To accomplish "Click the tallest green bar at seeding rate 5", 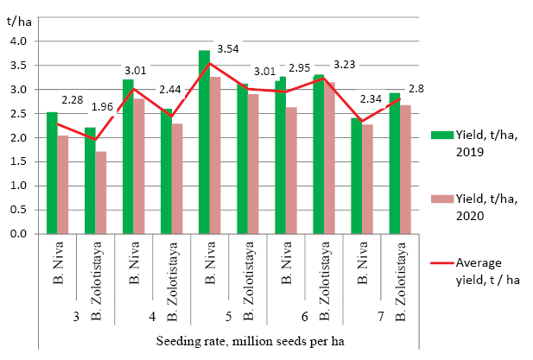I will click(x=204, y=142).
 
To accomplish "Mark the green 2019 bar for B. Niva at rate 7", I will click(x=356, y=176).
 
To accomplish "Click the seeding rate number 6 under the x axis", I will click(x=305, y=317).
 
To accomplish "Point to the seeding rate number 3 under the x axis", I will click(x=76, y=317).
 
